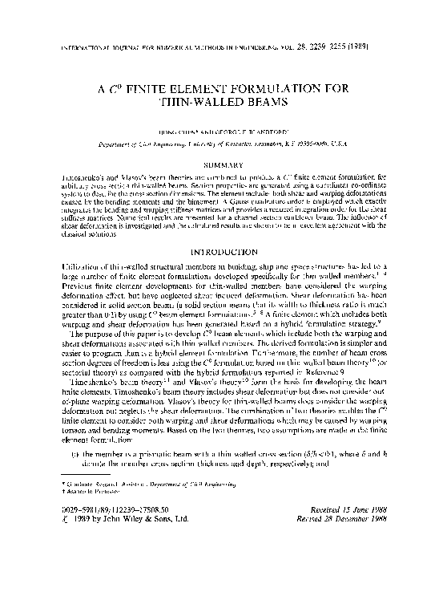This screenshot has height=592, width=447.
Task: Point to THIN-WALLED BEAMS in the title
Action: [x=224, y=105]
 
